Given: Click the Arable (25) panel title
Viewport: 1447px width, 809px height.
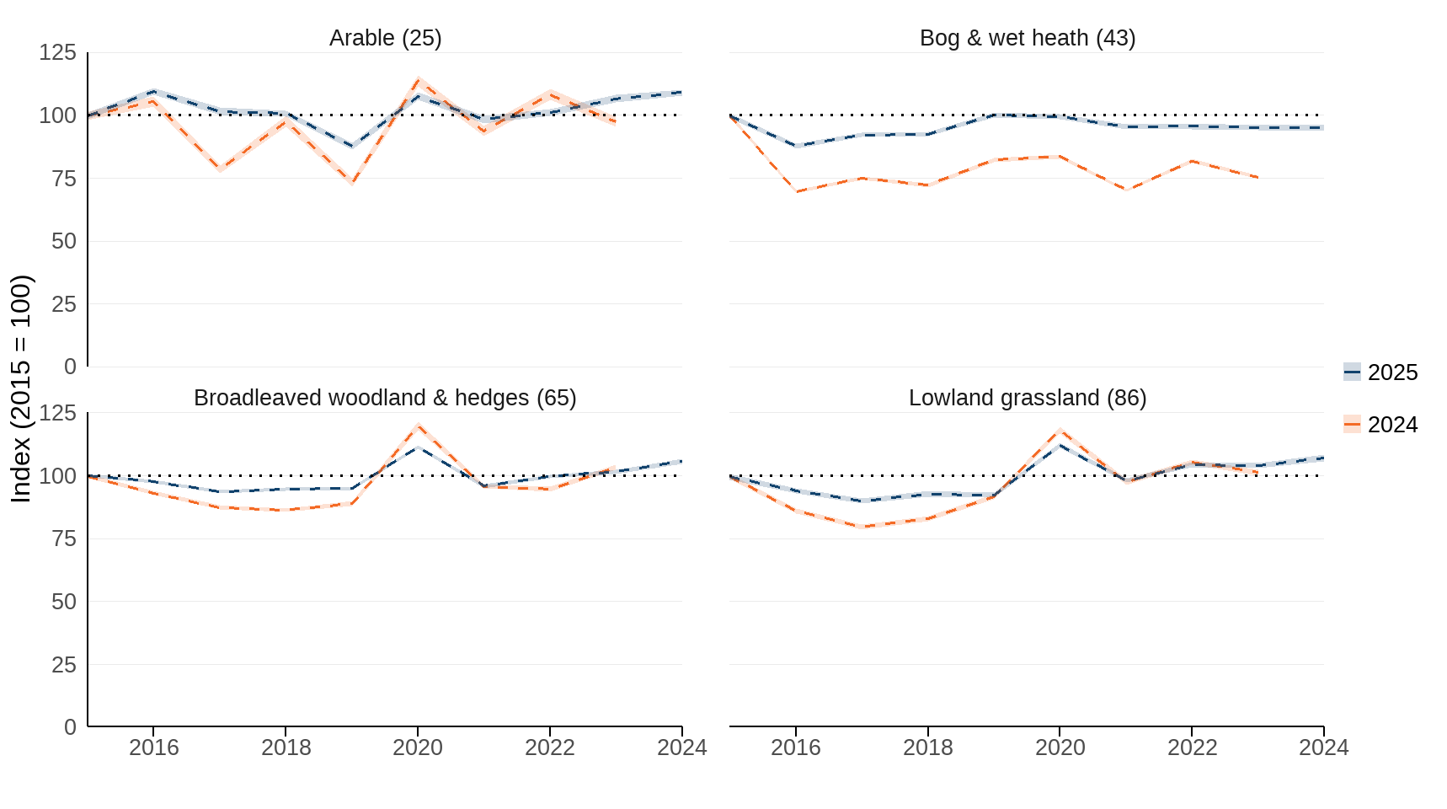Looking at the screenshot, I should pos(385,38).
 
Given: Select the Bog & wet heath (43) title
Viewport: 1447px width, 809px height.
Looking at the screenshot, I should pos(1027,38).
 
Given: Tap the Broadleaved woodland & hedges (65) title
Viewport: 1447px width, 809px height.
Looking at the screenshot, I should pos(385,398).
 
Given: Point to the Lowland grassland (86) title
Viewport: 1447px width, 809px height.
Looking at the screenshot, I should pos(1027,398).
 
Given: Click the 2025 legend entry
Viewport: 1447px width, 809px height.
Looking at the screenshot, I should pos(1380,372).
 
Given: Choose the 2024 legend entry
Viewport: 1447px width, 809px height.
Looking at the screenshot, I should pos(1380,425).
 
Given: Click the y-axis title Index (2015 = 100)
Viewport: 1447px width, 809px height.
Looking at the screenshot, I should pos(21,388).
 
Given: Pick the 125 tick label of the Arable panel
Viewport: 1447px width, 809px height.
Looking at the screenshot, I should pos(57,53).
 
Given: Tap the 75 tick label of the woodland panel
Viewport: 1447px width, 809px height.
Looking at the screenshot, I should pos(64,538).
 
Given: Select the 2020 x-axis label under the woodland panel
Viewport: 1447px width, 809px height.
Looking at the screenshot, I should pos(418,747).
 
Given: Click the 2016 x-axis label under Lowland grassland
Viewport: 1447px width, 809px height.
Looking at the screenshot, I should pos(795,747).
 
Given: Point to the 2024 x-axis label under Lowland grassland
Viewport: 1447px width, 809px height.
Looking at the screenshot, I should pos(1323,747).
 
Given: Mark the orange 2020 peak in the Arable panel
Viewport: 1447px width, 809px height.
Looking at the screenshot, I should pos(418,80).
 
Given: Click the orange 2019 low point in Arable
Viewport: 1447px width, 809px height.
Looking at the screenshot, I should pos(352,182).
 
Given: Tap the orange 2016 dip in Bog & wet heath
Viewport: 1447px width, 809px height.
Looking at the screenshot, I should pos(796,191).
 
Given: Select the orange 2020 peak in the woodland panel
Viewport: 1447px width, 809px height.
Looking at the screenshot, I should pos(418,426).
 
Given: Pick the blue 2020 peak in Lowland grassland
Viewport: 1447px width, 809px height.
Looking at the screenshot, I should pos(1060,445).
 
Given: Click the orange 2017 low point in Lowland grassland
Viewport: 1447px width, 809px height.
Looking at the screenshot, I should pos(862,527).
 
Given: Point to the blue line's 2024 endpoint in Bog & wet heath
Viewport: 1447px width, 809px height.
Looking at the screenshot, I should pos(1322,127).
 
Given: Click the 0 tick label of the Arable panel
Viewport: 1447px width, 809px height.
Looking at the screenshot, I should pos(70,367).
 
